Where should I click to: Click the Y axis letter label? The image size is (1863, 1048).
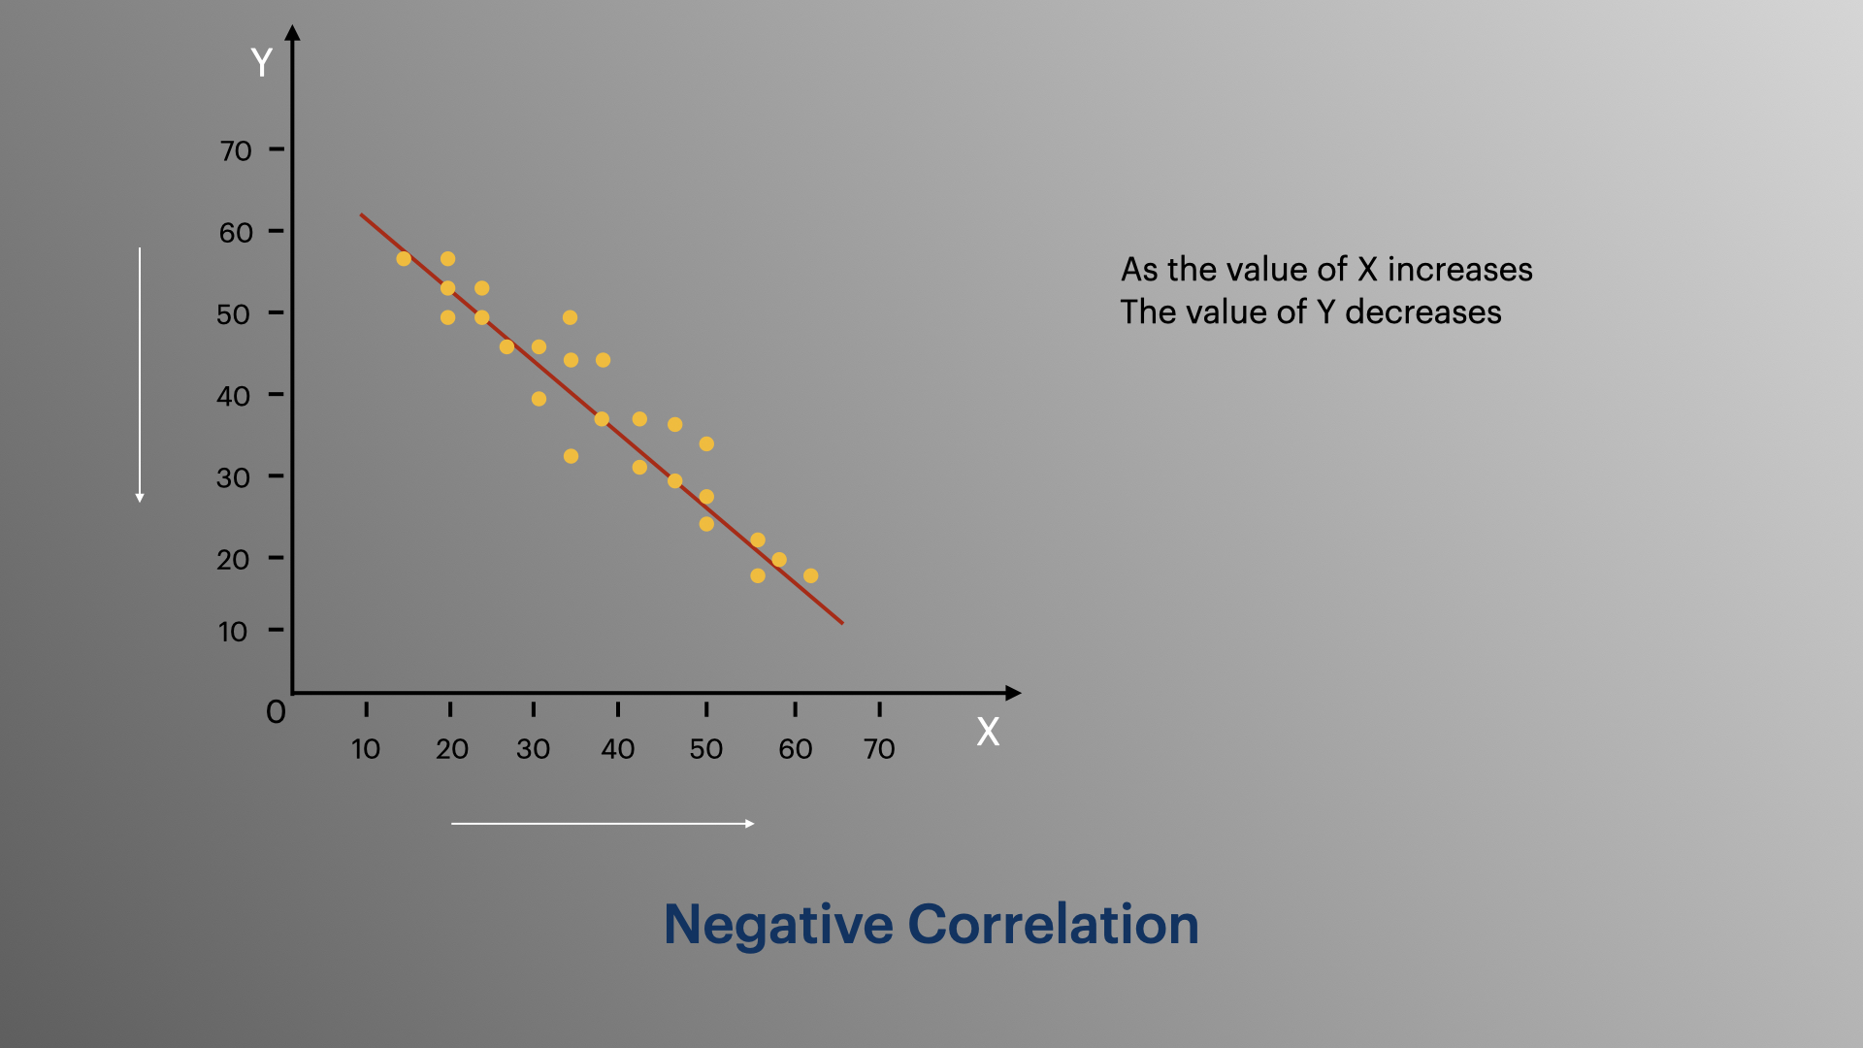pyautogui.click(x=261, y=63)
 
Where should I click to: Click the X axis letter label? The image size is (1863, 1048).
pyautogui.click(x=988, y=732)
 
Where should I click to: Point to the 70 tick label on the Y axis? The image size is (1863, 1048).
pyautogui.click(x=236, y=151)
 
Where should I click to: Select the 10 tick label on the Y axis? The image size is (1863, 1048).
pyautogui.click(x=233, y=633)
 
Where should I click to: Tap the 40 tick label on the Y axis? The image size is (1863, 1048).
pyautogui.click(x=234, y=396)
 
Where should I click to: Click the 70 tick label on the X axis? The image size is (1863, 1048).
pyautogui.click(x=879, y=749)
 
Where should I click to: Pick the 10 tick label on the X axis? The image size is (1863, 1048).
pyautogui.click(x=366, y=749)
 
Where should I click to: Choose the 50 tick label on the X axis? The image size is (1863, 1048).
pyautogui.click(x=706, y=749)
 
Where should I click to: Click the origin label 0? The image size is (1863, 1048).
pyautogui.click(x=277, y=712)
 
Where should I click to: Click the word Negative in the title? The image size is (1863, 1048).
pyautogui.click(x=778, y=924)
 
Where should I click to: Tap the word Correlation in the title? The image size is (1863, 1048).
pyautogui.click(x=1053, y=924)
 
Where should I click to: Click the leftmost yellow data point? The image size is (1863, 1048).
pyautogui.click(x=404, y=259)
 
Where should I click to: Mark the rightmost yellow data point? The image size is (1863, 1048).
pyautogui.click(x=811, y=575)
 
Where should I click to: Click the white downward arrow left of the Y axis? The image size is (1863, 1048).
pyautogui.click(x=140, y=374)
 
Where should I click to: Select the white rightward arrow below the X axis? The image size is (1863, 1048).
pyautogui.click(x=603, y=824)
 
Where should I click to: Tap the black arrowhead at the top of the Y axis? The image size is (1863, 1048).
pyautogui.click(x=293, y=33)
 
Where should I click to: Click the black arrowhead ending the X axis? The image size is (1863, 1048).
pyautogui.click(x=1014, y=693)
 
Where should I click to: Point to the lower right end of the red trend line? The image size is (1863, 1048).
pyautogui.click(x=841, y=622)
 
